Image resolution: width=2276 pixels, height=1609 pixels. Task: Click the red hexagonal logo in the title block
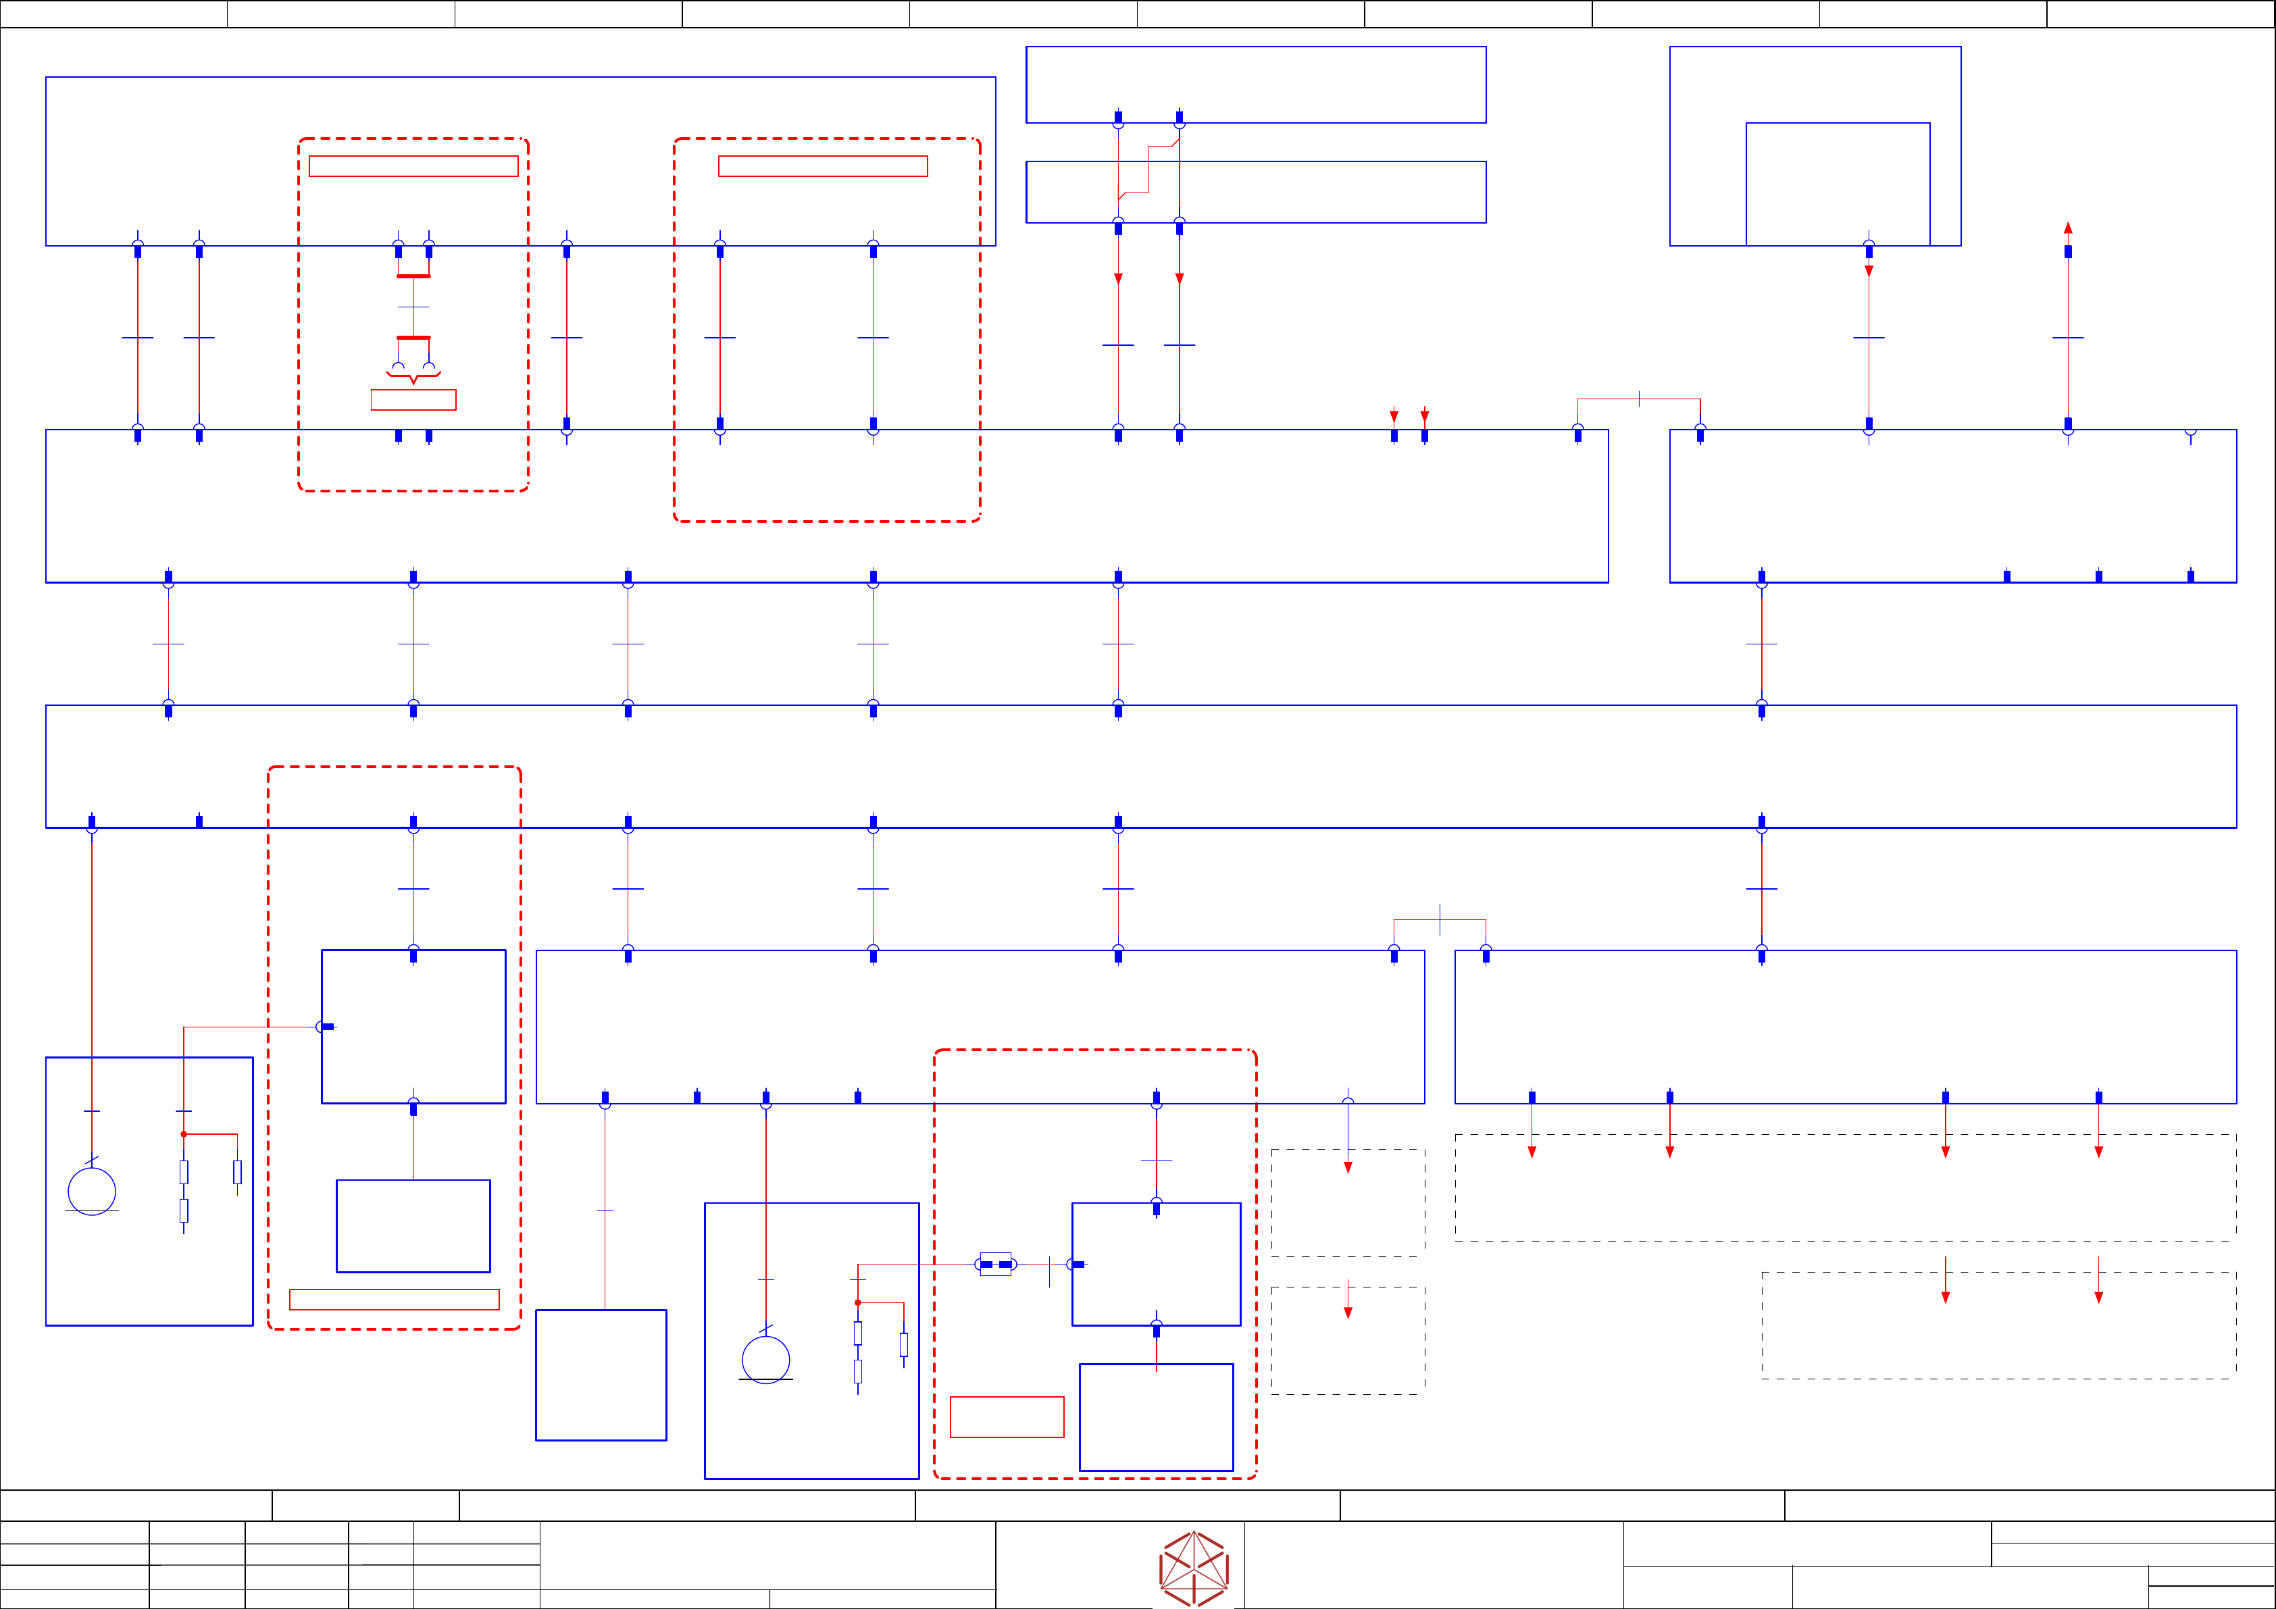point(1194,1567)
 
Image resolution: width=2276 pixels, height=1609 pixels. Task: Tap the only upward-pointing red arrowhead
point(2068,228)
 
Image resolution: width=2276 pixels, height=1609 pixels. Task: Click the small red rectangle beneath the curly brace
point(413,399)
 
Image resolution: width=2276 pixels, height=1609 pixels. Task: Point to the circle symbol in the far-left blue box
point(91,1191)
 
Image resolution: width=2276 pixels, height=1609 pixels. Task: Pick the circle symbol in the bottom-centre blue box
point(765,1359)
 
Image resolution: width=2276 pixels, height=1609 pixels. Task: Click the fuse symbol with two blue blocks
point(995,1264)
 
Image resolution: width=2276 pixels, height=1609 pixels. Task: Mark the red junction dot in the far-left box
point(183,1134)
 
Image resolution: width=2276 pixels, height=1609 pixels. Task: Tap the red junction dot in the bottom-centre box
point(857,1302)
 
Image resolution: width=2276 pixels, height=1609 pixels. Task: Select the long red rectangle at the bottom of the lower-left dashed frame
point(394,1300)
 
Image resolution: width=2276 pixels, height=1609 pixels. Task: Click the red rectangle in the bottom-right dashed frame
point(1006,1416)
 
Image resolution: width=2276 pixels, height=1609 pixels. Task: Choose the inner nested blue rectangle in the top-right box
point(1837,184)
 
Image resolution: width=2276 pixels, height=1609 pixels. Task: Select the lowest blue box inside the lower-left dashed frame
point(413,1225)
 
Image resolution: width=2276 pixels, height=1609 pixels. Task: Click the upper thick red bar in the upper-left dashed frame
point(413,276)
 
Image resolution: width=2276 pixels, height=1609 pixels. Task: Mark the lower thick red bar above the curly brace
point(413,338)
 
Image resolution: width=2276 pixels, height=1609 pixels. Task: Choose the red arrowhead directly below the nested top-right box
point(1869,271)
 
